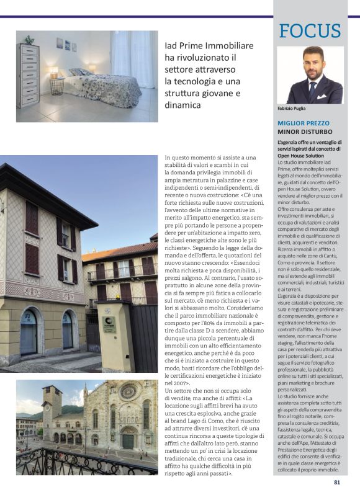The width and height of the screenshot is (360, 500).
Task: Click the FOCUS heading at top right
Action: (x=310, y=30)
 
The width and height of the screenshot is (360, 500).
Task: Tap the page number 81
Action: (x=337, y=481)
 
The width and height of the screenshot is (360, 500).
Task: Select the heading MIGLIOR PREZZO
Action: (x=304, y=123)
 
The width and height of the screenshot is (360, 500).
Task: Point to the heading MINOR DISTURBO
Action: (x=305, y=132)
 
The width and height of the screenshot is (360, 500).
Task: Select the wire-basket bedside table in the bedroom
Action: (x=57, y=86)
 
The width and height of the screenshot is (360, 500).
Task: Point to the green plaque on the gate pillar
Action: (x=110, y=323)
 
